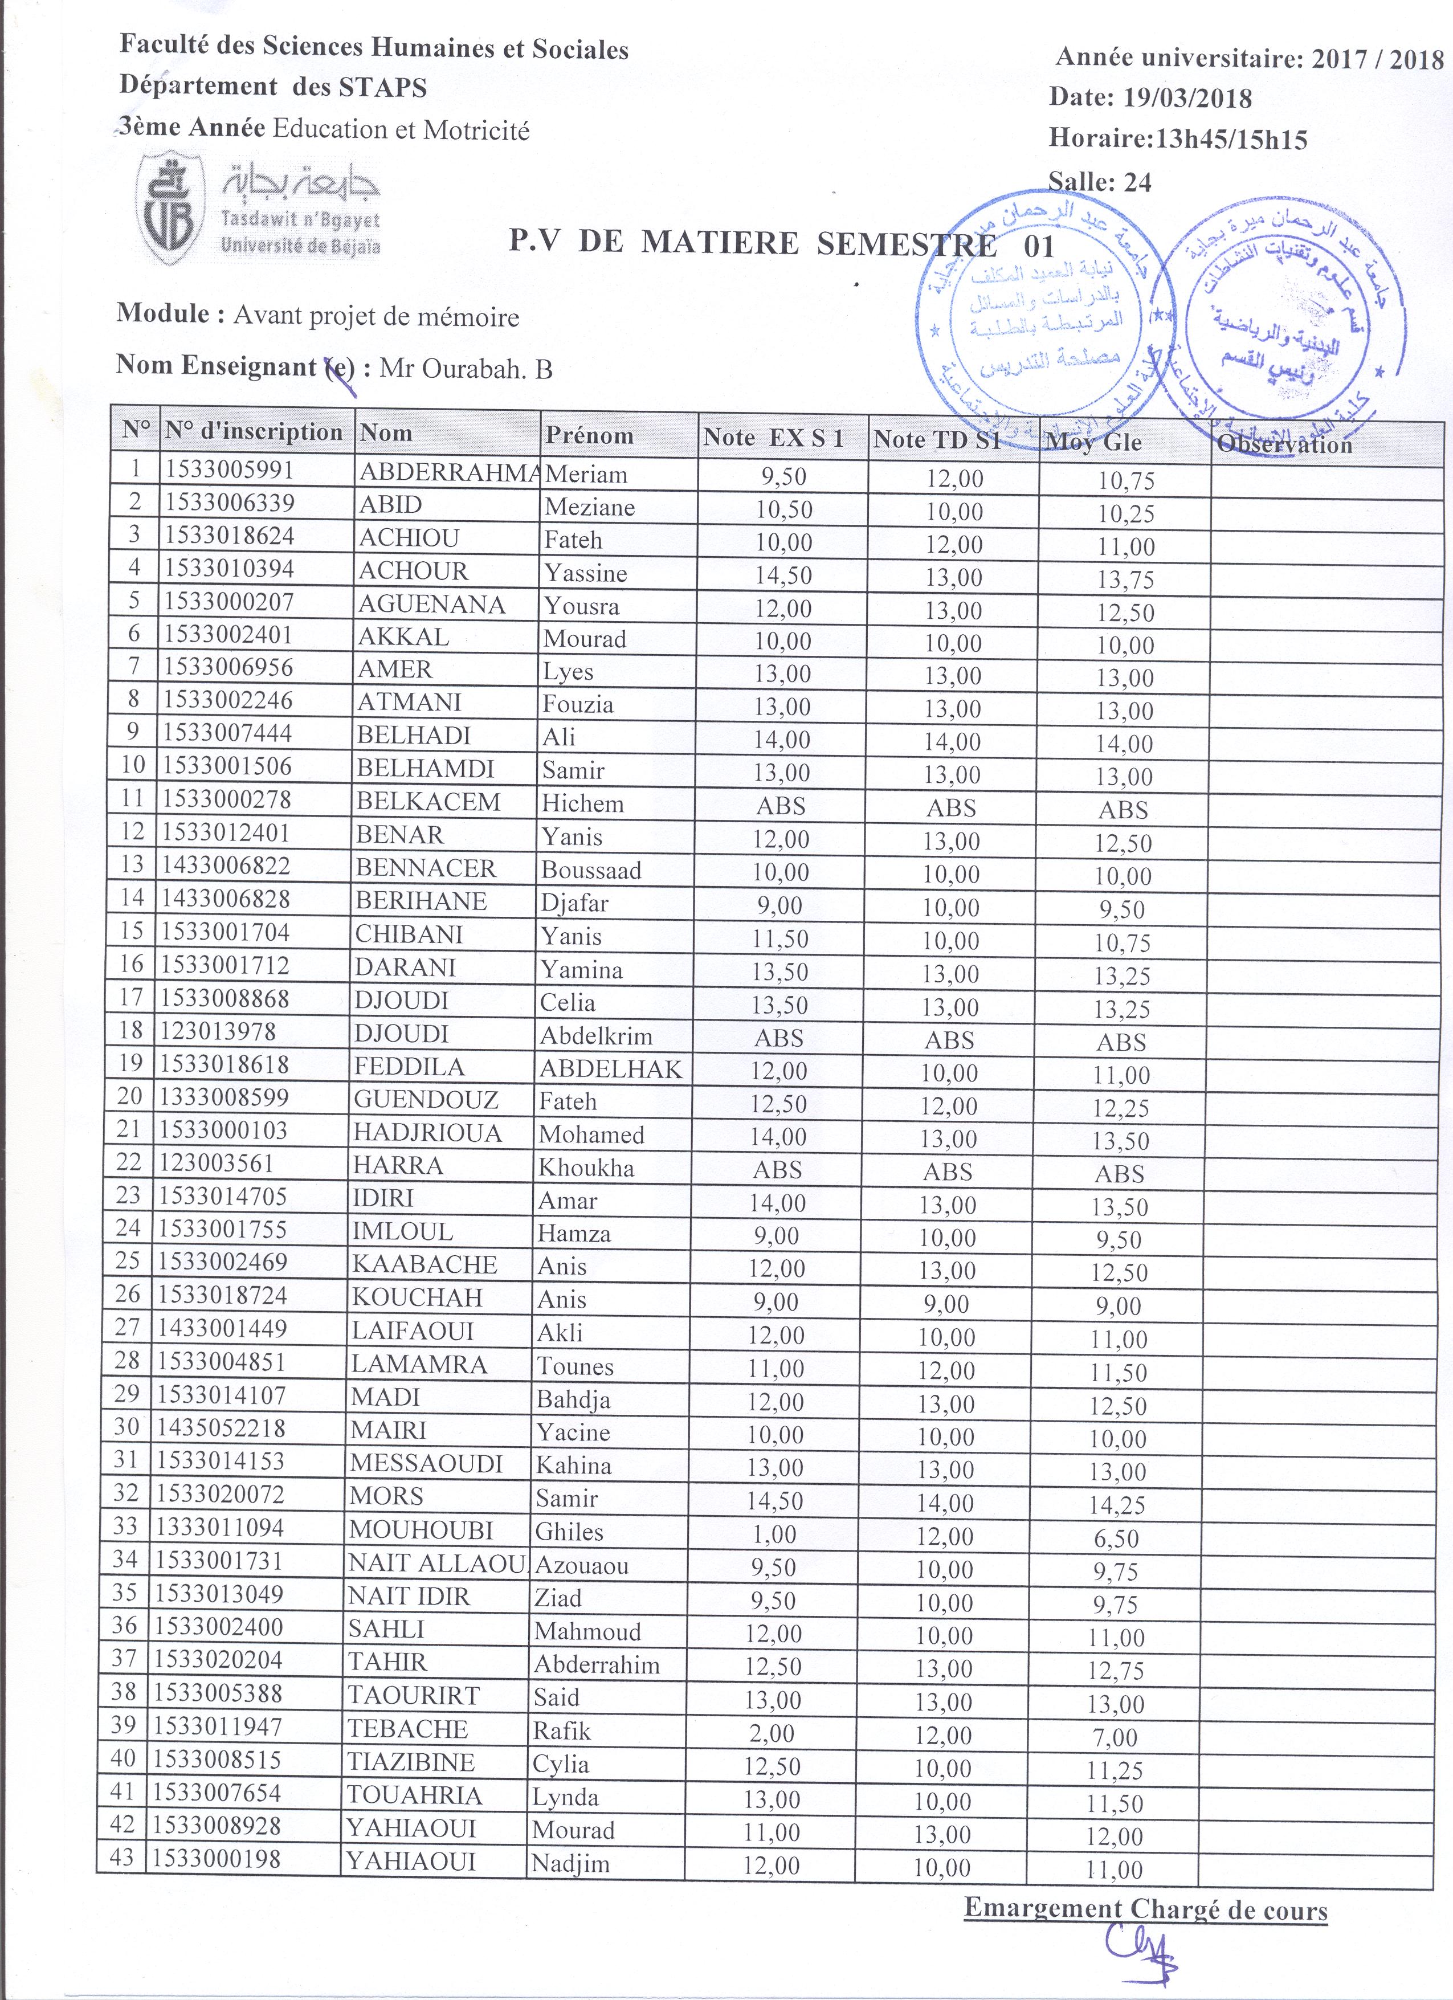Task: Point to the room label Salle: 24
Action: [1100, 182]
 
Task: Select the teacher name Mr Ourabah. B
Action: [466, 369]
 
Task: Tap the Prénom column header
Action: [589, 435]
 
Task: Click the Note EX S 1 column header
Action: [773, 438]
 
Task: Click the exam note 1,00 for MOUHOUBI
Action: [775, 1533]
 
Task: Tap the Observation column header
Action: [1284, 444]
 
